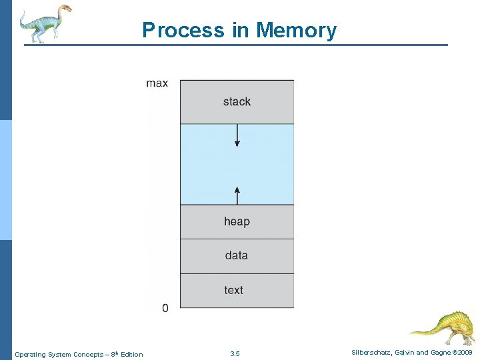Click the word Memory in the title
coord(297,31)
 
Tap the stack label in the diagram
coord(237,102)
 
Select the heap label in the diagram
coord(237,221)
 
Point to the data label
coord(237,255)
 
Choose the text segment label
coord(234,290)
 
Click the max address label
coord(157,83)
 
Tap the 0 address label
coord(165,308)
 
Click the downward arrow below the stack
coord(237,136)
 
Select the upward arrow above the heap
coord(237,195)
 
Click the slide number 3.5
coord(235,354)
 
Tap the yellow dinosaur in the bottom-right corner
coord(443,327)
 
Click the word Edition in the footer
coord(132,355)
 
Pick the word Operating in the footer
coord(30,355)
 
